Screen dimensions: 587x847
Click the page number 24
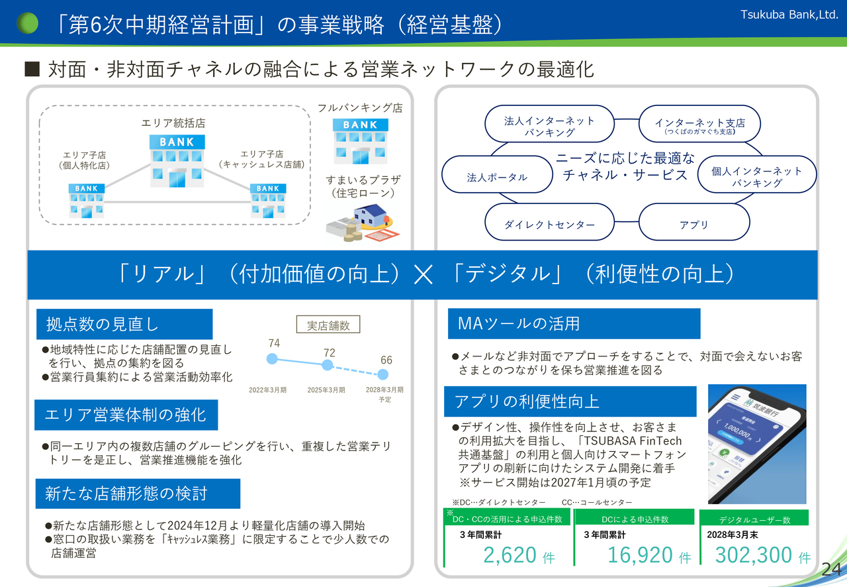tap(830, 569)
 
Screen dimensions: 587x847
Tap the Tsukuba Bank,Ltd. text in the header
tap(789, 15)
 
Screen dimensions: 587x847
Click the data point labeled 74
tap(271, 358)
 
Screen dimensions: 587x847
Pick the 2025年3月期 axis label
tap(326, 390)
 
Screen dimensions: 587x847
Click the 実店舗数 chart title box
tap(328, 325)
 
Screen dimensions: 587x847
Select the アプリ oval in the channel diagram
tap(693, 225)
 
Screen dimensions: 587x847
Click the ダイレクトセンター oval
tap(549, 225)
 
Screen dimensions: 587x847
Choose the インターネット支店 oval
tap(699, 125)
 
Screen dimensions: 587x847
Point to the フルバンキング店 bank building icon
tap(359, 140)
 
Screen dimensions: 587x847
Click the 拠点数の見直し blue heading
tap(124, 324)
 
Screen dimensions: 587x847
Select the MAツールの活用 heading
tap(574, 323)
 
